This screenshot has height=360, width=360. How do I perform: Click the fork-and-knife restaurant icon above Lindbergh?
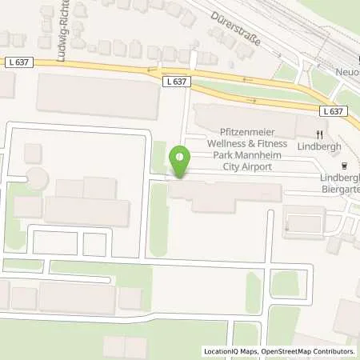pyautogui.click(x=319, y=134)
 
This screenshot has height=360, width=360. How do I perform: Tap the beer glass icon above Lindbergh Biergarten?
pyautogui.click(x=344, y=167)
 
